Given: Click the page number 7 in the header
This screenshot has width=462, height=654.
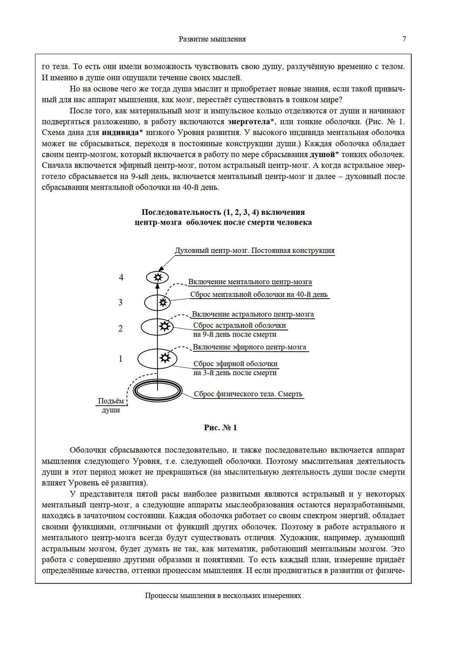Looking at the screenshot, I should (404, 39).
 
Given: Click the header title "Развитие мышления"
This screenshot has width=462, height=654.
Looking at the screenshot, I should (212, 39).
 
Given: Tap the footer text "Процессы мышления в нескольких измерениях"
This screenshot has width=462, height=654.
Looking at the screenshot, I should (223, 595).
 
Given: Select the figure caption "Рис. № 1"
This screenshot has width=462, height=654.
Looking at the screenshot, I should (220, 428).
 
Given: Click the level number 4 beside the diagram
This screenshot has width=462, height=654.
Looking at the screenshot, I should (121, 277).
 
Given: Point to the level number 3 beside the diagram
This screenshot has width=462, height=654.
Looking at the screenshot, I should (121, 302).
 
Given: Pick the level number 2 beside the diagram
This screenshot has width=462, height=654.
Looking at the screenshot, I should (121, 329).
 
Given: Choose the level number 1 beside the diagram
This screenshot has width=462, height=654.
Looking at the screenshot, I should (121, 359).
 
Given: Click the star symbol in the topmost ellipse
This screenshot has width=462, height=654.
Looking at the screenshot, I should (158, 277).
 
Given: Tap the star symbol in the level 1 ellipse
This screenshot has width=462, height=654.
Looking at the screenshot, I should (165, 358).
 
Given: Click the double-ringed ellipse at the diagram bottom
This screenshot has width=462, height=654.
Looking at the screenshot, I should (158, 391).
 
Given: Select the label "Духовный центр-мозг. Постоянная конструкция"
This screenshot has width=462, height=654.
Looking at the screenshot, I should (255, 251).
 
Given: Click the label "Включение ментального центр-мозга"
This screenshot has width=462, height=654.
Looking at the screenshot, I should (250, 282).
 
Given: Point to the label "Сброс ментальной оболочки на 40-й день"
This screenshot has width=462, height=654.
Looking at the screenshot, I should (259, 294).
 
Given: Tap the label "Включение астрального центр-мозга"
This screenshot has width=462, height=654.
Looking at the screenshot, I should (253, 314).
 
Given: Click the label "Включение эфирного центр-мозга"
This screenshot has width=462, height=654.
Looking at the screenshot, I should (249, 347).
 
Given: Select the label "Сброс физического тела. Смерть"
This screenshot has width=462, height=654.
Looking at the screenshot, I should (248, 394).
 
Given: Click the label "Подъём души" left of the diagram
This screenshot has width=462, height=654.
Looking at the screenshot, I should (111, 405).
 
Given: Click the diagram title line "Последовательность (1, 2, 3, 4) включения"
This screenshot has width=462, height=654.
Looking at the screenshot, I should (223, 212).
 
